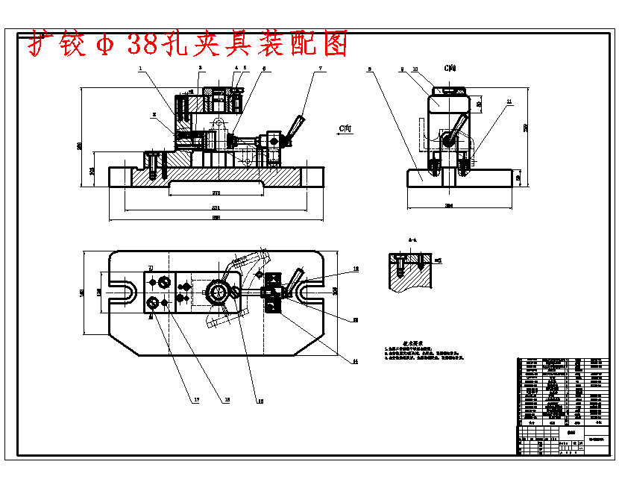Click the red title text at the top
(189, 45)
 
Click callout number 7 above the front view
(321, 69)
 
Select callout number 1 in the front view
(139, 68)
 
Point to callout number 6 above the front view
(263, 69)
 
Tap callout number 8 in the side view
(370, 69)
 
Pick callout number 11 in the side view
(509, 101)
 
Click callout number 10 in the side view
(415, 69)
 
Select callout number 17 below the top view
(197, 401)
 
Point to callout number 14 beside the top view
(356, 361)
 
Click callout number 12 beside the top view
(356, 269)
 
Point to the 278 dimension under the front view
(216, 193)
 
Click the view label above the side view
(450, 68)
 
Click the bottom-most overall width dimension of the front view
(216, 218)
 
